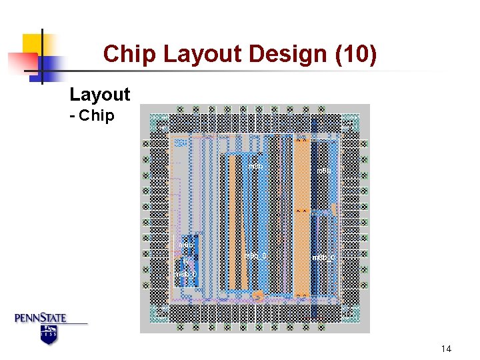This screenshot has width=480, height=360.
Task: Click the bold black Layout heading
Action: [100, 95]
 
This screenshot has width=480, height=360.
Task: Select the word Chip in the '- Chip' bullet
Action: [97, 116]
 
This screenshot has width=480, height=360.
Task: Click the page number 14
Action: [446, 349]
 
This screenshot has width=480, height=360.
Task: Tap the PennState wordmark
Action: [41, 318]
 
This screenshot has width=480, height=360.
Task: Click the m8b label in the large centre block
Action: [255, 165]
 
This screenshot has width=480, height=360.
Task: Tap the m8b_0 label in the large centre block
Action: [256, 255]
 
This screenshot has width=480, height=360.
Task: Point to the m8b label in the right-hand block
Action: [323, 171]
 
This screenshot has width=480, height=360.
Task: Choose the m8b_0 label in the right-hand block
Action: [323, 257]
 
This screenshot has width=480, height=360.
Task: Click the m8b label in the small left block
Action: [187, 245]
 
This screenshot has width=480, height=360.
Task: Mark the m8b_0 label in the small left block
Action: [185, 274]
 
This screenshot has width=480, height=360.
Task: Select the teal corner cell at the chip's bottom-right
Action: [350, 312]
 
